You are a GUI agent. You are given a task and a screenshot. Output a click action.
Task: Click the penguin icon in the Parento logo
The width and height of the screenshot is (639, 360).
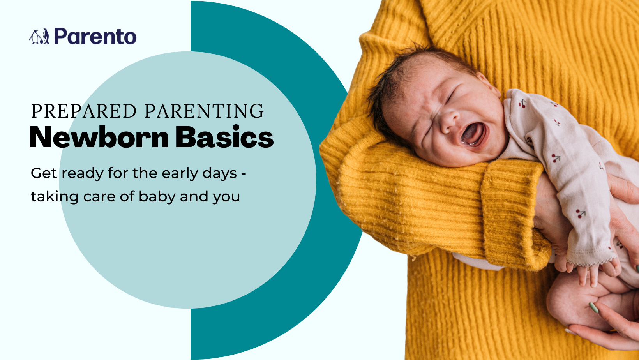pos(39,36)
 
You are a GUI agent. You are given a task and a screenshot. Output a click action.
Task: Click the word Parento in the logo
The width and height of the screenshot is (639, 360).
pos(95,36)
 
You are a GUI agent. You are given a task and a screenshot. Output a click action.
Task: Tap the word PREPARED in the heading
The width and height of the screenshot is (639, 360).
pos(84,111)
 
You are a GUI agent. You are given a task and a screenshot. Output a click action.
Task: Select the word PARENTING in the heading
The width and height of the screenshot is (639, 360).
pos(204,111)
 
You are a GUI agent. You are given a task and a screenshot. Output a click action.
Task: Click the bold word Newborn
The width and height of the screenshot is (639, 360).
pos(99,137)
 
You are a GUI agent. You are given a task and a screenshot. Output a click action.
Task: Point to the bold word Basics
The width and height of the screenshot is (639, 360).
pos(224,137)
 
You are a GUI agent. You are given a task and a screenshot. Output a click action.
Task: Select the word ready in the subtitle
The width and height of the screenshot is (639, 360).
pos(83,173)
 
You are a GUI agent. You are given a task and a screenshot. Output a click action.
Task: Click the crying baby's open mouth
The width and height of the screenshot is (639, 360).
pos(473,134)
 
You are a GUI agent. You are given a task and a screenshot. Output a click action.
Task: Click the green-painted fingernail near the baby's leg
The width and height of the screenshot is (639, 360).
pos(594,308)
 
